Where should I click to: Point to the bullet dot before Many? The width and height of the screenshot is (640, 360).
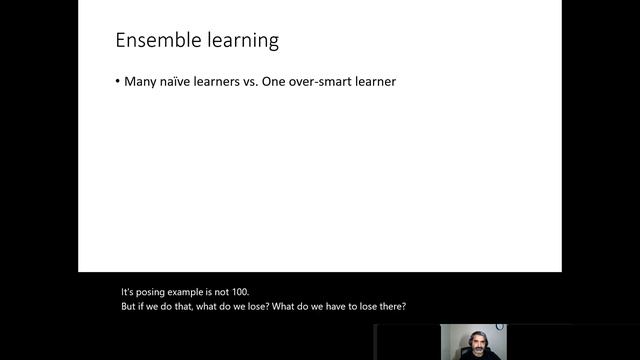117,81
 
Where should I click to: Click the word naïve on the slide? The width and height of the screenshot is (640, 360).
179,81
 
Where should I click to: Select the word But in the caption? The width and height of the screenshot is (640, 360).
130,306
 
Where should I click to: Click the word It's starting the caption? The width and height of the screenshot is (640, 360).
129,292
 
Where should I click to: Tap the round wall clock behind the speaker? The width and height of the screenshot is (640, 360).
501,327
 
